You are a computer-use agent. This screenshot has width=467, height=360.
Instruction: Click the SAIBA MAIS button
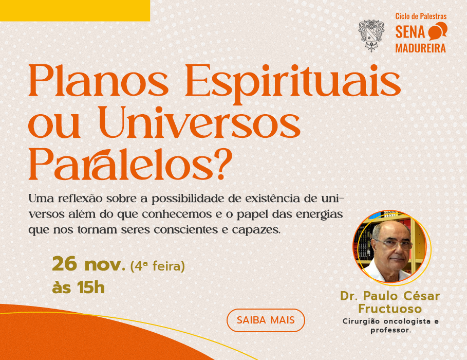(x=266, y=320)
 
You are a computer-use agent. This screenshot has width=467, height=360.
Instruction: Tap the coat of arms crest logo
(x=371, y=35)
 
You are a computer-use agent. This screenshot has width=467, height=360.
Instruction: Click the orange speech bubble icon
(x=438, y=31)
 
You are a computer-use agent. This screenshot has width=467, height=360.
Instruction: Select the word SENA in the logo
(x=410, y=32)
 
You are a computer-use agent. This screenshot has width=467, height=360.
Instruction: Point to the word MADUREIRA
(x=421, y=48)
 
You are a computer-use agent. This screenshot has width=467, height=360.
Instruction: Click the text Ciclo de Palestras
(x=421, y=16)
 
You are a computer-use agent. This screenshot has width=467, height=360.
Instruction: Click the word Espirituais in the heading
(x=293, y=83)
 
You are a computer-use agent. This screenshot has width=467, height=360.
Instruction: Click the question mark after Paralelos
(x=224, y=165)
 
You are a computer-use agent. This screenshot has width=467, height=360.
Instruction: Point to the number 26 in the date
(x=65, y=264)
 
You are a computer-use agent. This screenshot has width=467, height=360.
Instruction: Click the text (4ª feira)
(x=158, y=266)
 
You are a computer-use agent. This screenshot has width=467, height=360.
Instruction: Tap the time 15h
(x=91, y=287)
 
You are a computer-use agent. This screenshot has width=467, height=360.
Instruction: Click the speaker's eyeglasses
(x=394, y=244)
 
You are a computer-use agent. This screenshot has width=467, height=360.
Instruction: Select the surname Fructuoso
(x=390, y=309)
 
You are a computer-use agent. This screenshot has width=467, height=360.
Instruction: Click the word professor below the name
(x=390, y=331)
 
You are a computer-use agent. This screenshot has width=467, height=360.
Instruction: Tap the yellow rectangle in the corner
(x=75, y=10)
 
